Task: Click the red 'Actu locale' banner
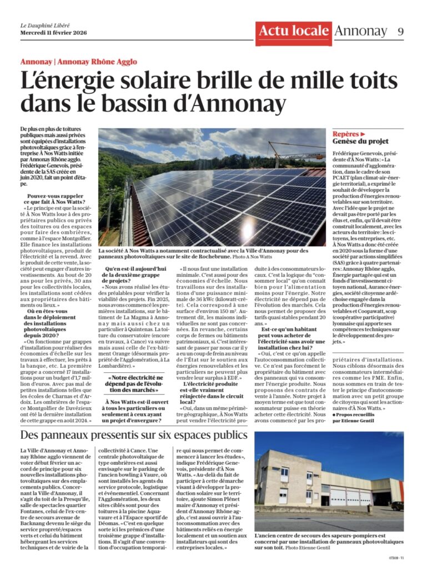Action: tap(294, 32)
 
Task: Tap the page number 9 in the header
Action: tap(400, 32)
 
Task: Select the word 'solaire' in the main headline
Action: tap(163, 82)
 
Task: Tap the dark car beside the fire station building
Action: tap(397, 506)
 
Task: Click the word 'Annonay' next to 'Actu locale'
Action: tap(360, 31)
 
